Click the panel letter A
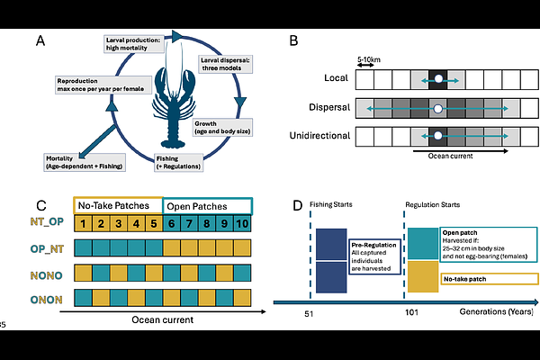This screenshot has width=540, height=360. click(40, 40)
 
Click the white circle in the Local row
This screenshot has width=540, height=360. click(438, 80)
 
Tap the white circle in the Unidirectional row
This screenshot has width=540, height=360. click(438, 138)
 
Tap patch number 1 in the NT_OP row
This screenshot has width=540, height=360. click(83, 221)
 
